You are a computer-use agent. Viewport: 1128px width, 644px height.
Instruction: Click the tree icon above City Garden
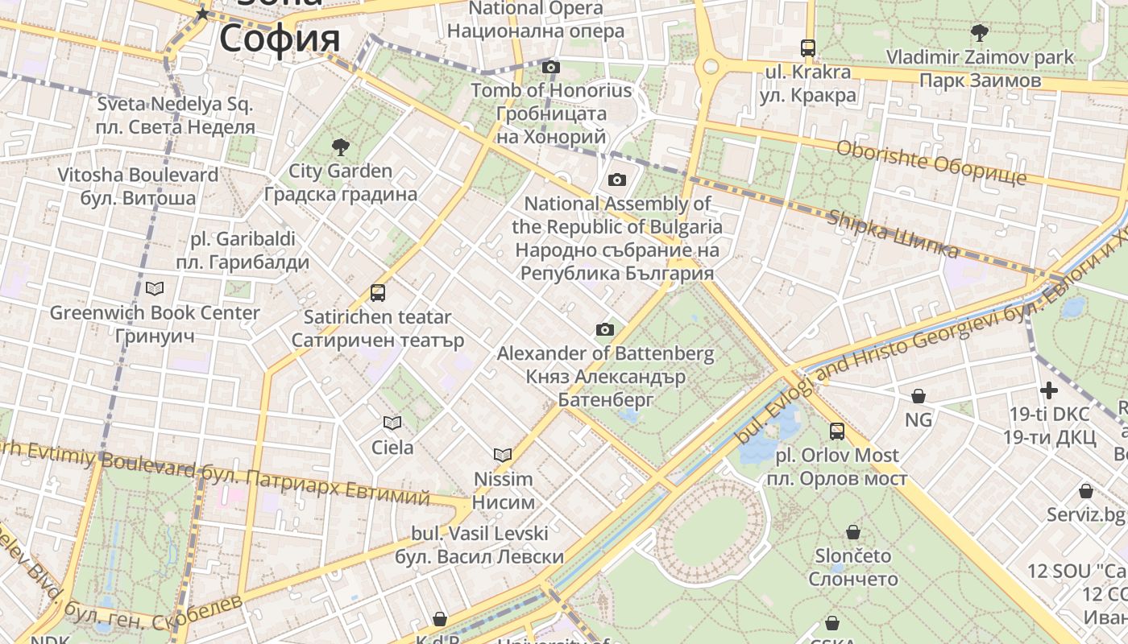[341, 147]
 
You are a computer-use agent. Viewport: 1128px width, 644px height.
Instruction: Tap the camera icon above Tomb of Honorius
[551, 67]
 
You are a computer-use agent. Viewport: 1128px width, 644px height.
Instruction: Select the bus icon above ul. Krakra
[808, 47]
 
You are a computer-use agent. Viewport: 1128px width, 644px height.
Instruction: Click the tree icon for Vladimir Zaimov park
[980, 33]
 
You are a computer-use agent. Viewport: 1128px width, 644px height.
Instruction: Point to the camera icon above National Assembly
[617, 180]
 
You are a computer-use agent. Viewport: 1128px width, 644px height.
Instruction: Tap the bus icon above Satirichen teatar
[378, 293]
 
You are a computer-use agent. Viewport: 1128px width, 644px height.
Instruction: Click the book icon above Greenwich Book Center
[155, 288]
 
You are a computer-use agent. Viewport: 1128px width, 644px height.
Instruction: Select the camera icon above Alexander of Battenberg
[605, 329]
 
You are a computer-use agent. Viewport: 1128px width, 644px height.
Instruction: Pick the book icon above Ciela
[392, 423]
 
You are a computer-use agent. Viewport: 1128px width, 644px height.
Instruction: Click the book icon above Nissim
[503, 455]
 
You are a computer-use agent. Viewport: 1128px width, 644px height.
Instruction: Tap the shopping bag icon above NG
[919, 396]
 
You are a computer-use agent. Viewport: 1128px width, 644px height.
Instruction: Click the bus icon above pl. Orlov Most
[837, 431]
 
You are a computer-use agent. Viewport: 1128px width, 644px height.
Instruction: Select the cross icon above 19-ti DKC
[1049, 390]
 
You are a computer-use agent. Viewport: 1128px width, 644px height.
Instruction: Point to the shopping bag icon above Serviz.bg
[1086, 491]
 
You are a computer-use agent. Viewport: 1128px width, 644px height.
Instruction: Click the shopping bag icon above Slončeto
[853, 532]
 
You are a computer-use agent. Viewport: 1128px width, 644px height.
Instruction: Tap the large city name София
[280, 38]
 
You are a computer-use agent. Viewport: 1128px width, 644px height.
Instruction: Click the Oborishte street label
[931, 162]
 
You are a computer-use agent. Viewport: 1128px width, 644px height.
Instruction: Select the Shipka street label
[893, 234]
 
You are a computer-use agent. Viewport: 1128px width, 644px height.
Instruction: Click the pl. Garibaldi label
[243, 250]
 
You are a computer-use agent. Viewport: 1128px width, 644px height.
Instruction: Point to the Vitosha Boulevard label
[138, 186]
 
